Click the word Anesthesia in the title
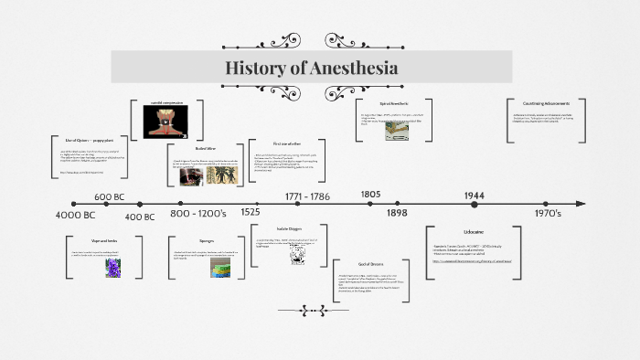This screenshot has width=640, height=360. [353, 69]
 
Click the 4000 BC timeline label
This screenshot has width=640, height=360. [75, 215]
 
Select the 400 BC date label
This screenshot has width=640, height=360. [140, 217]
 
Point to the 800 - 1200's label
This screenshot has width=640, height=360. [198, 213]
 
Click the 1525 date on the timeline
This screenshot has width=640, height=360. [250, 212]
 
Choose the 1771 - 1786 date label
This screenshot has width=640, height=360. [307, 196]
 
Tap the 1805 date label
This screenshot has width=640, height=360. [370, 194]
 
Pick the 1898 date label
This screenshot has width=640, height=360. [397, 212]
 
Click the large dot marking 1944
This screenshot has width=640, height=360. [474, 204]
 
